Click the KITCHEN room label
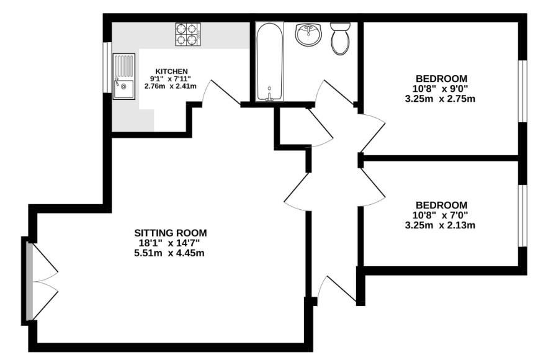[171, 71]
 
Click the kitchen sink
[123, 76]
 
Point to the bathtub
[269, 61]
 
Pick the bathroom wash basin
[308, 35]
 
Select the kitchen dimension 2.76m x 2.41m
[171, 86]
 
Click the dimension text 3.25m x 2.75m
[441, 98]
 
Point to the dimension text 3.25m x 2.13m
[441, 225]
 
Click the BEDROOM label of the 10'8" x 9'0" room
[441, 78]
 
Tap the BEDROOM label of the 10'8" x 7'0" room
[441, 205]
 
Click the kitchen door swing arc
[220, 93]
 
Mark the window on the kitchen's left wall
[107, 68]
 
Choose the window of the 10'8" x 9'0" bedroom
[522, 91]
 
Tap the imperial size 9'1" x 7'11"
[171, 79]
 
